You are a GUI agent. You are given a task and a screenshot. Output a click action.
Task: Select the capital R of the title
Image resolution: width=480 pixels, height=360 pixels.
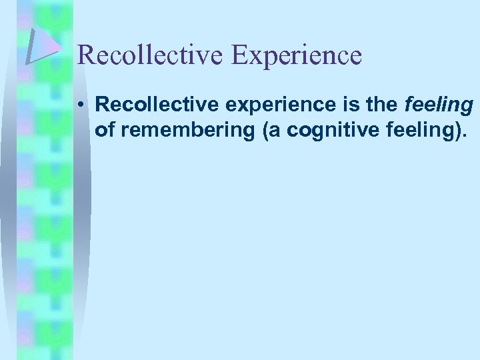tap(85, 55)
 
